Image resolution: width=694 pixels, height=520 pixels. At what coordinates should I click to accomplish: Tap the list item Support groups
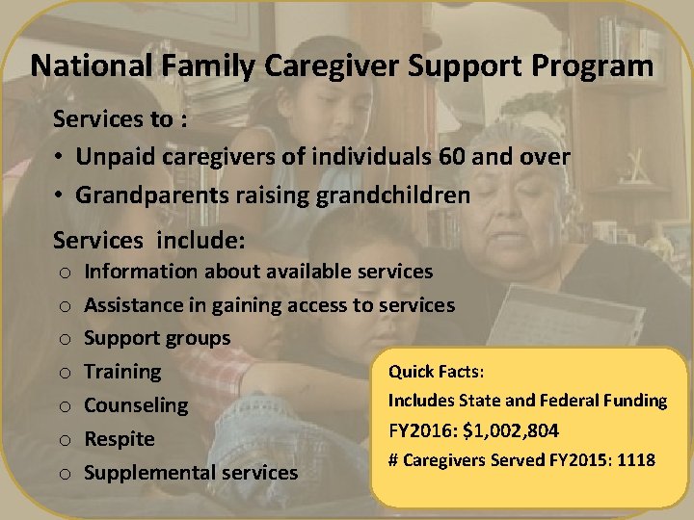point(157,338)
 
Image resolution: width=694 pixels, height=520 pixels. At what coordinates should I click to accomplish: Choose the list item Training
point(122,372)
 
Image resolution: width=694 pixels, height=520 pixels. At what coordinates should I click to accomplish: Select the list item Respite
point(120,439)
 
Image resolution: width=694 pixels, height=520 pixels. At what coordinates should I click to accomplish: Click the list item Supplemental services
point(191,473)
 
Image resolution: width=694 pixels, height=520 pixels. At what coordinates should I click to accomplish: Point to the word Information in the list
point(140,272)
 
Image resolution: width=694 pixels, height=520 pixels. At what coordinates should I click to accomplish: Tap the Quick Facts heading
point(436,372)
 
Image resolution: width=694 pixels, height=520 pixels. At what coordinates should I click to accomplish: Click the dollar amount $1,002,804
point(511,430)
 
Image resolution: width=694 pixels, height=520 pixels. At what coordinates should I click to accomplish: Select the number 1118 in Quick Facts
point(635,460)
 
